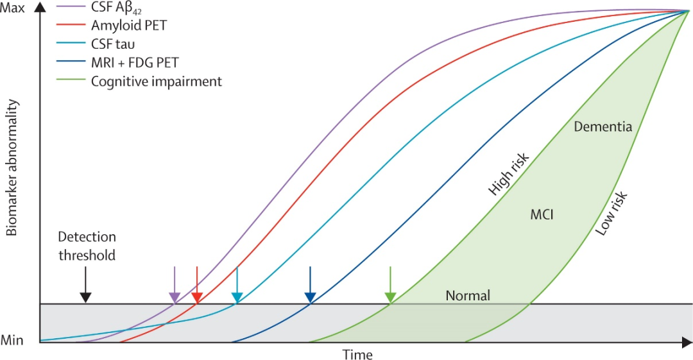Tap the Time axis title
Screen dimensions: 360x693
point(357,354)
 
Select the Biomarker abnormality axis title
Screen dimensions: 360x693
point(12,176)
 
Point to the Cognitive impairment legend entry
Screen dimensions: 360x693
point(157,81)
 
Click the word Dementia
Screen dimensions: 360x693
point(603,126)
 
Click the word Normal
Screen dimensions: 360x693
point(468,296)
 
